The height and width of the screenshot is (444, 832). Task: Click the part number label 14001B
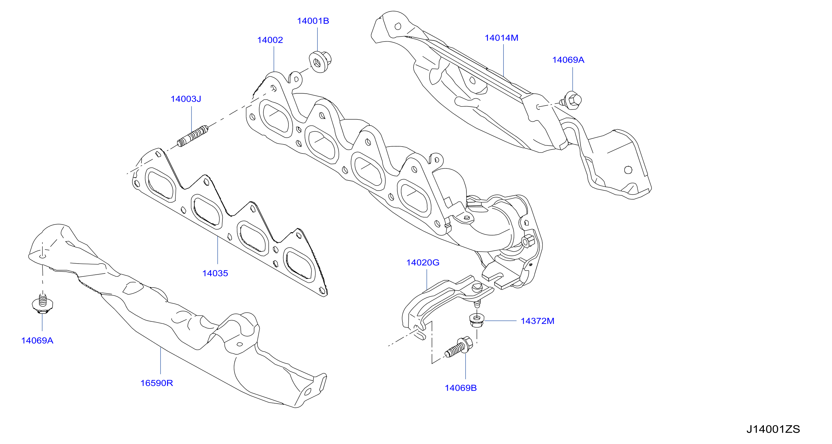point(313,21)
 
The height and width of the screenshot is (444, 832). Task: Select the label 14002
point(270,40)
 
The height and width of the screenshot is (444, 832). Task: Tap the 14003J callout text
point(186,99)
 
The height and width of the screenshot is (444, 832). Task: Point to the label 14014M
point(501,38)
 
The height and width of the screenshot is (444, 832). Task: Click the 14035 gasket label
point(215,273)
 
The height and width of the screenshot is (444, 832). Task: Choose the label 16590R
point(157,383)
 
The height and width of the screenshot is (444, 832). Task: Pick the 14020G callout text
point(423,262)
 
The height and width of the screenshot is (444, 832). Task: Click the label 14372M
point(538,321)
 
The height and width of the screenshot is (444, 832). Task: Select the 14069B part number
point(461,388)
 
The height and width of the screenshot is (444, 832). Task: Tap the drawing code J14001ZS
point(773,429)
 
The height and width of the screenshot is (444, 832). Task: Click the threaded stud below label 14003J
point(193,136)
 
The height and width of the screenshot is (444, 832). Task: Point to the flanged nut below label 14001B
point(320,62)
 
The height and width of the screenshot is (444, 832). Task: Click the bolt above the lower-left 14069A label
point(43,304)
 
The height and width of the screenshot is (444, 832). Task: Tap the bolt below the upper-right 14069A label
point(571,101)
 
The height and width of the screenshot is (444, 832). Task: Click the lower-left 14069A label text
point(37,340)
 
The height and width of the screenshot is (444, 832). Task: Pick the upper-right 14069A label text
point(568,60)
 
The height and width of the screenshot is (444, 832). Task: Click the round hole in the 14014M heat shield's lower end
point(628,170)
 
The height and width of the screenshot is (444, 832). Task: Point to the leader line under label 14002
point(274,59)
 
